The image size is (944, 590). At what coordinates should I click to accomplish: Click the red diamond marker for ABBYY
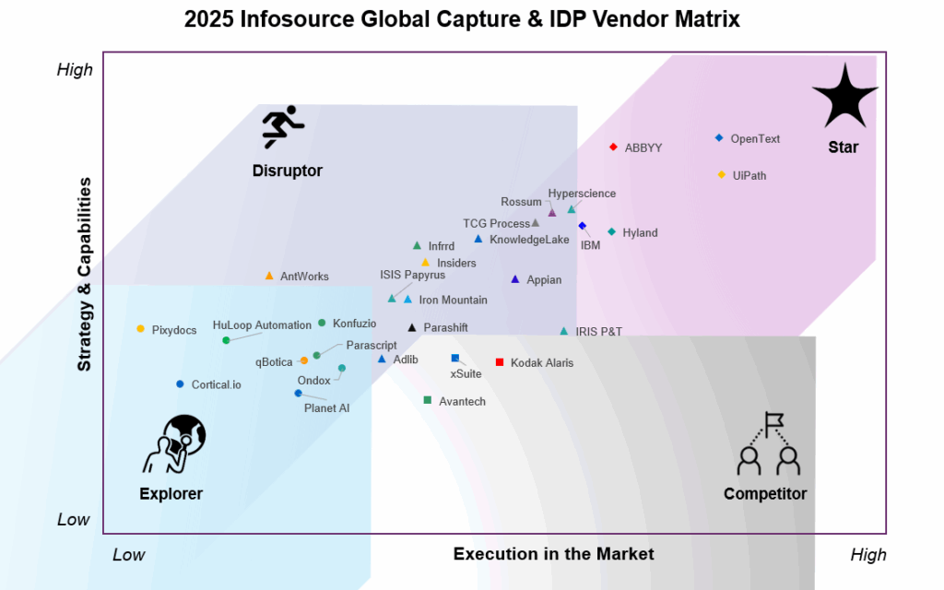click(613, 147)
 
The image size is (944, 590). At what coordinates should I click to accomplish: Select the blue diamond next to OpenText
click(719, 138)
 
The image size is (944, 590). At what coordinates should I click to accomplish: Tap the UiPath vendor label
click(749, 176)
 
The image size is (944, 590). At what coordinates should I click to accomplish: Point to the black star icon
click(844, 97)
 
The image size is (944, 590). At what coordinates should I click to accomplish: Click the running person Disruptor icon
click(283, 127)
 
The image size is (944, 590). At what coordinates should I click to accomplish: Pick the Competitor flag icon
click(767, 443)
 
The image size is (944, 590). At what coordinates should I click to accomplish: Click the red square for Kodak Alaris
click(500, 362)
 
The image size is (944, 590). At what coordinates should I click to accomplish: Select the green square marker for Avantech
click(428, 400)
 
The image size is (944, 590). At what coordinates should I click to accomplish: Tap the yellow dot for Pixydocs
click(141, 329)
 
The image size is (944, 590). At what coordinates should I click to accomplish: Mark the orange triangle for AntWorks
click(269, 276)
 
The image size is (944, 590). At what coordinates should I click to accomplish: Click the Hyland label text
click(640, 233)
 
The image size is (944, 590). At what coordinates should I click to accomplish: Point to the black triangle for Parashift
click(412, 327)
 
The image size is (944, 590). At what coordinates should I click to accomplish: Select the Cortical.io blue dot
click(181, 384)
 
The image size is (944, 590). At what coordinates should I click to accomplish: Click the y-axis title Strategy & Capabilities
click(85, 275)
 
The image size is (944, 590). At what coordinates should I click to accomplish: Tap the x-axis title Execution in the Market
click(553, 554)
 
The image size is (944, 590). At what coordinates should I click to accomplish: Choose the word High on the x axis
click(868, 555)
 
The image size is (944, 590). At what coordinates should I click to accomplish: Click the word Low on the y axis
click(74, 520)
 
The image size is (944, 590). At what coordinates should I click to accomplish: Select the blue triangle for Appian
click(515, 279)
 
